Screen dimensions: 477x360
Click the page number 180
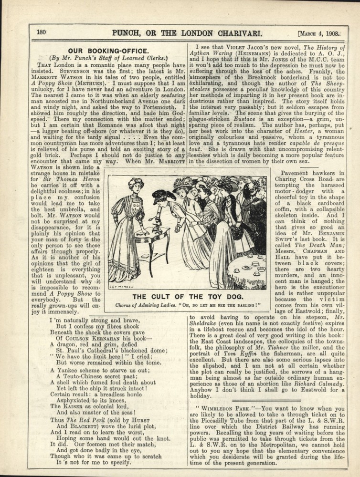(41, 32)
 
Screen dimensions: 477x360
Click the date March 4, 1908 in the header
(321, 34)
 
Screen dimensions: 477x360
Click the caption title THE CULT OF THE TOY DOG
(184, 296)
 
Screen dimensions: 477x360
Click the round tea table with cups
(247, 271)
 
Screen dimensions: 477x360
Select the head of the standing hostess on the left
(136, 185)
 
